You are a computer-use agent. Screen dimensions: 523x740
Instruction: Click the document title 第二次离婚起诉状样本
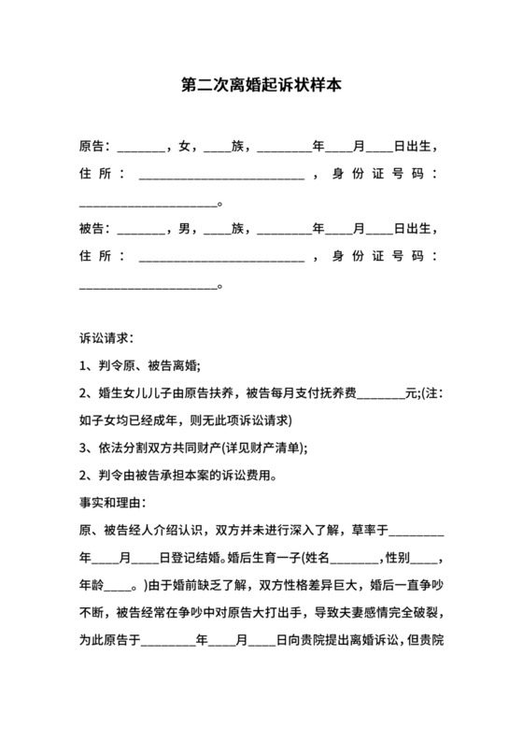tap(261, 84)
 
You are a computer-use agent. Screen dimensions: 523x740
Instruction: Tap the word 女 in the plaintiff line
tap(184, 147)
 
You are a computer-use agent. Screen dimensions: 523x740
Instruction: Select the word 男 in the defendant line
tap(184, 228)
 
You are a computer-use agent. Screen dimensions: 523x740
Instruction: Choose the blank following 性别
tap(423, 560)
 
